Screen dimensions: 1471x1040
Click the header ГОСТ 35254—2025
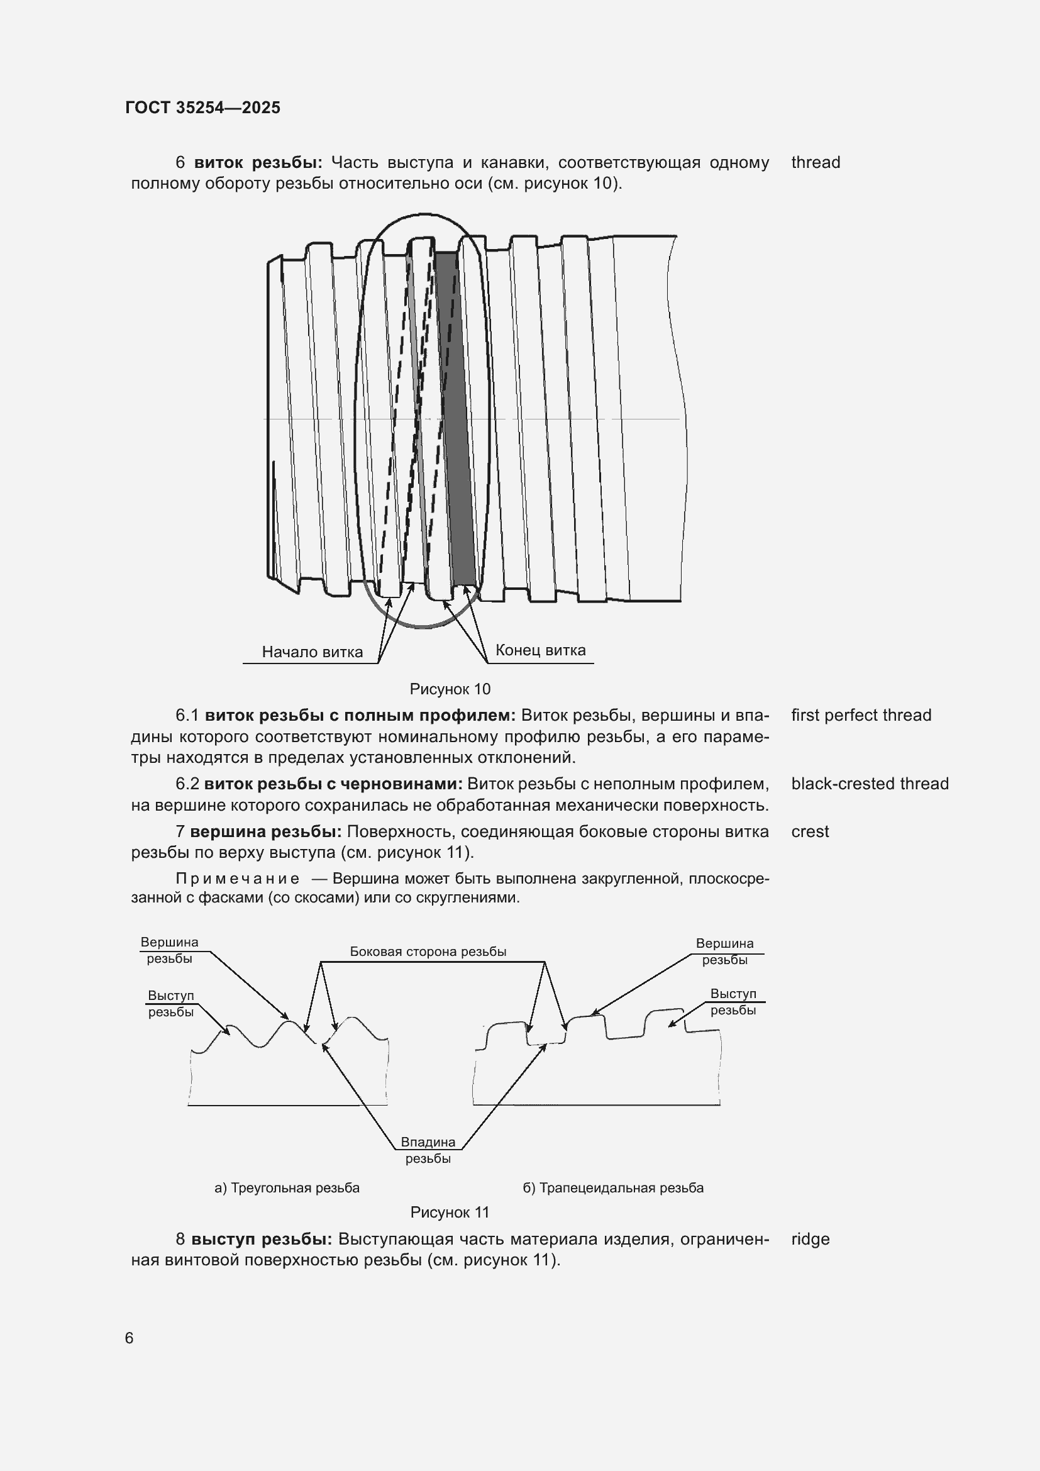click(x=202, y=108)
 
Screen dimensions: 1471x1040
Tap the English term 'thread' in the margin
click(x=816, y=163)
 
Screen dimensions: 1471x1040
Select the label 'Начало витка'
click(x=312, y=652)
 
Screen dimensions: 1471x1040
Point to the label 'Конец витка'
click(x=540, y=650)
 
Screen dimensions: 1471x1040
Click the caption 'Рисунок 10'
click(x=450, y=689)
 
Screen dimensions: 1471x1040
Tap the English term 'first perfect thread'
click(x=861, y=716)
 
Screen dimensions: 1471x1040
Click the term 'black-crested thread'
click(x=869, y=784)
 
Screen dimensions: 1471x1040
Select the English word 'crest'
click(x=809, y=832)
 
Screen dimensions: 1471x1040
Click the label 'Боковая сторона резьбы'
click(x=428, y=952)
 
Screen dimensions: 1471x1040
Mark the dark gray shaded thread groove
click(x=456, y=416)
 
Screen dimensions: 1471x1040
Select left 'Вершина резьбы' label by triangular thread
click(x=170, y=951)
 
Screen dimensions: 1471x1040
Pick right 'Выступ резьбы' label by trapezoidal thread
click(x=733, y=1002)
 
